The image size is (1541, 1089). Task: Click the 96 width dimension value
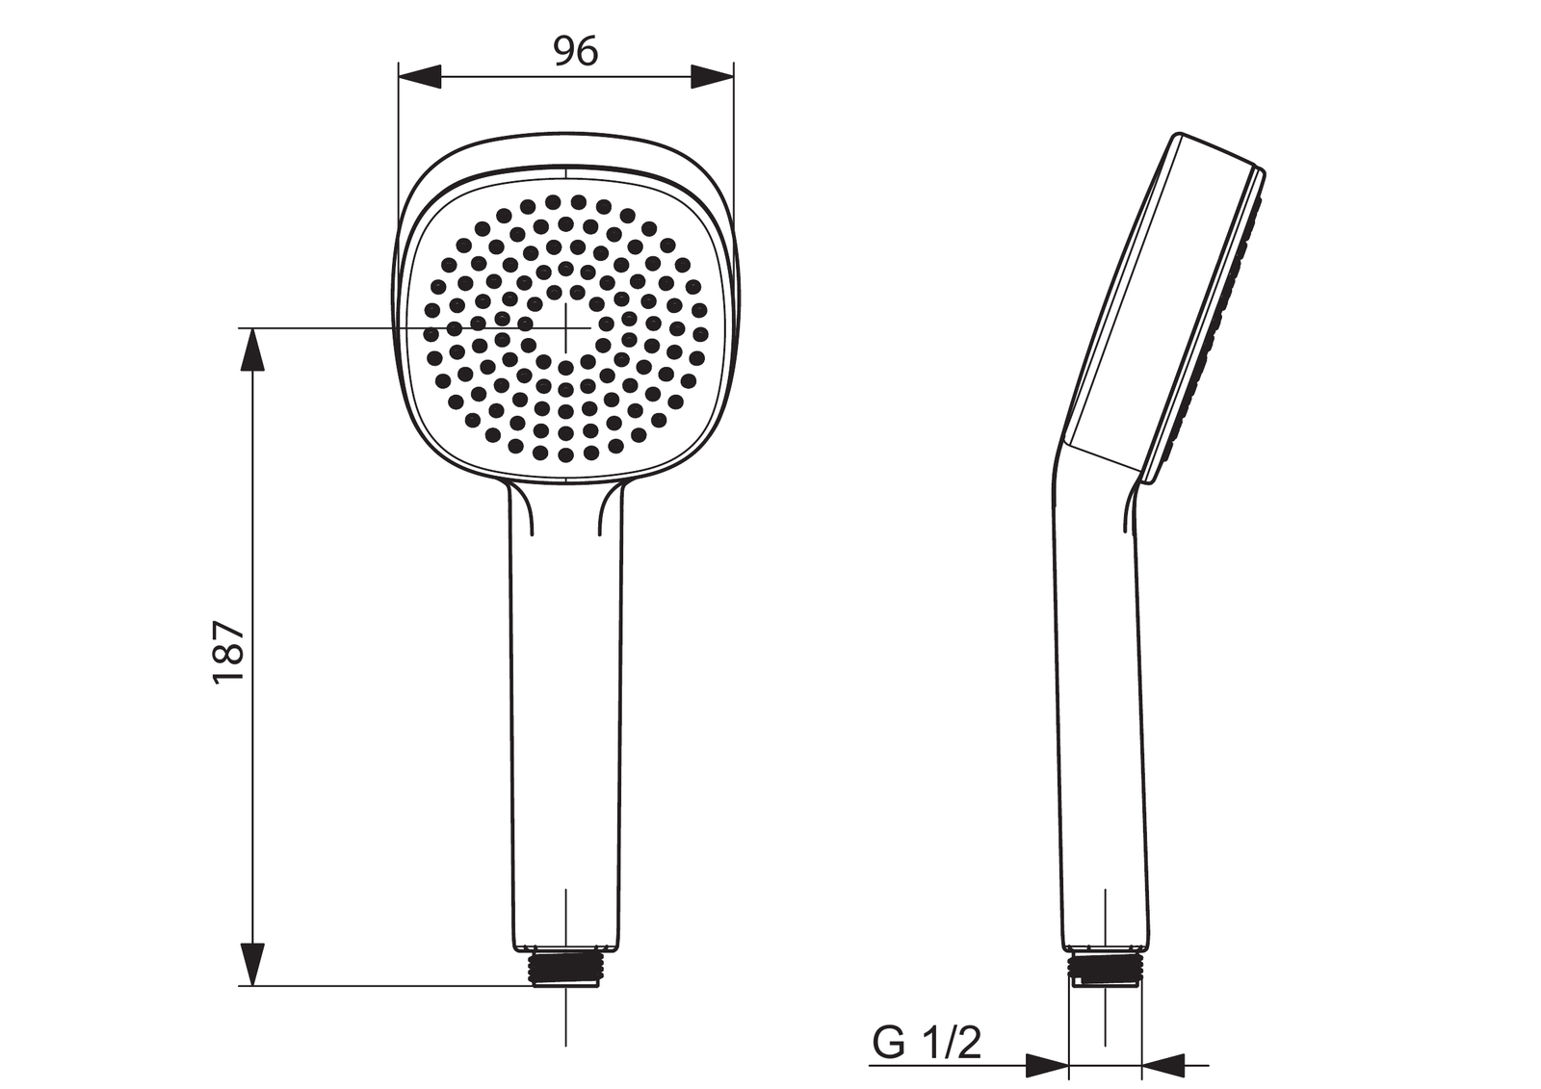pos(576,52)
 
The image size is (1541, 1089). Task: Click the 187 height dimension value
pos(229,651)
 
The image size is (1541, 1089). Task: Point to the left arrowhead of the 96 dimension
pos(420,76)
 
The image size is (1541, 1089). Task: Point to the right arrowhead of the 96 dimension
pos(713,76)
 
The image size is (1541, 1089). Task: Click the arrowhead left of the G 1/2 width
pos(1046,1066)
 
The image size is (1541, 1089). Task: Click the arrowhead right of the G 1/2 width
pos(1163,1066)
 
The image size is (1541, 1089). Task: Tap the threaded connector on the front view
pos(565,970)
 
